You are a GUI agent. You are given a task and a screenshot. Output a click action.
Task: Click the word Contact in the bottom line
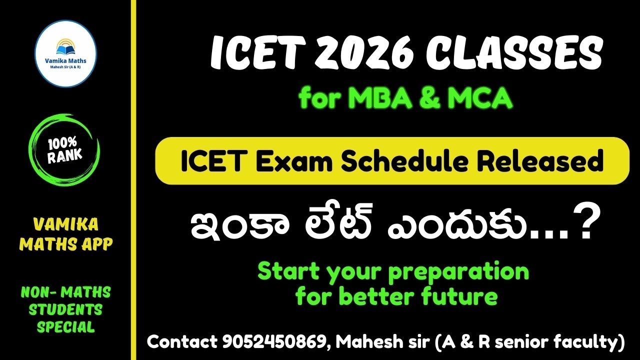tap(182, 342)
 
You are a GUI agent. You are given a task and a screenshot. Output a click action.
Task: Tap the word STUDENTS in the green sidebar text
tap(65, 309)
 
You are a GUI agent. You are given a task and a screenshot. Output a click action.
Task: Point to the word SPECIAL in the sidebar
tap(66, 327)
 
